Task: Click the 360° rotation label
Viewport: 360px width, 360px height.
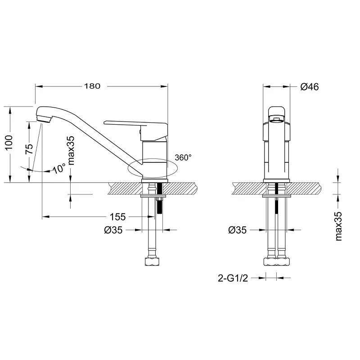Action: coord(183,158)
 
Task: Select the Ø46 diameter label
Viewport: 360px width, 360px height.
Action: coord(309,87)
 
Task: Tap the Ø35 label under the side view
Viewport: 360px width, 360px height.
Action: coord(113,230)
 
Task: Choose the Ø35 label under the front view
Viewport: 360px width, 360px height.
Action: coord(237,230)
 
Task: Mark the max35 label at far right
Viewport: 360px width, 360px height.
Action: coord(339,226)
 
